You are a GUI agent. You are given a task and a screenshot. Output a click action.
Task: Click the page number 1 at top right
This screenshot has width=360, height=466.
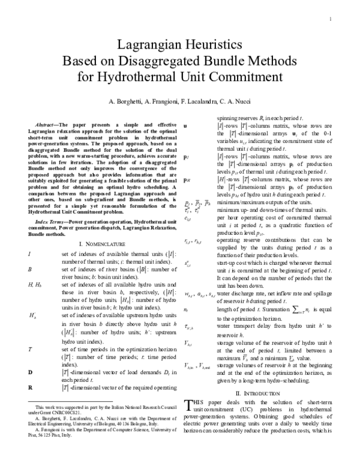(x=331, y=19)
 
